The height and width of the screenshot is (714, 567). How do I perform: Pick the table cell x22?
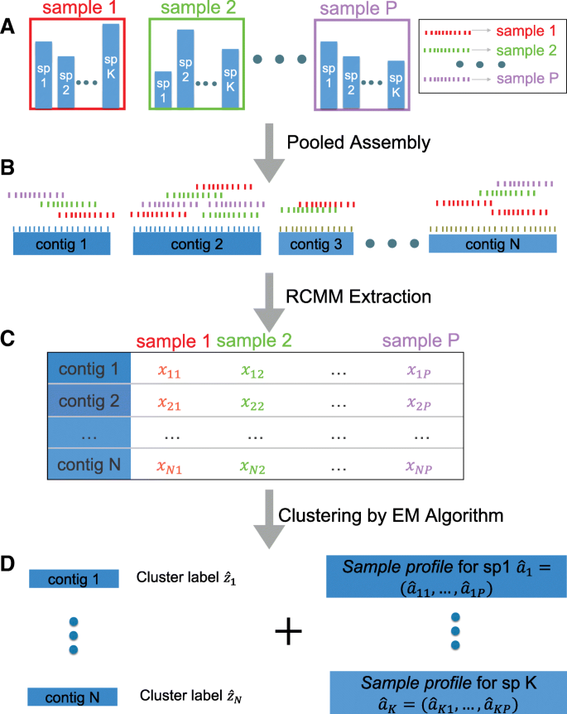pyautogui.click(x=253, y=403)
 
